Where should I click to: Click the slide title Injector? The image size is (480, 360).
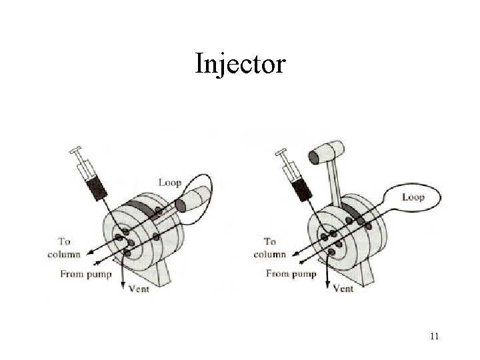[x=240, y=65]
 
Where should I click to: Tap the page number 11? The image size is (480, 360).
[x=434, y=336]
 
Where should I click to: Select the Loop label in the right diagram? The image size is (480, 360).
[x=413, y=197]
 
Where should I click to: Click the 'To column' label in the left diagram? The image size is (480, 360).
[x=64, y=248]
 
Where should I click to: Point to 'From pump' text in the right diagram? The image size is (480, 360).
[x=291, y=273]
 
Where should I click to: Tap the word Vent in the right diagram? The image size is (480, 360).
[x=343, y=289]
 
